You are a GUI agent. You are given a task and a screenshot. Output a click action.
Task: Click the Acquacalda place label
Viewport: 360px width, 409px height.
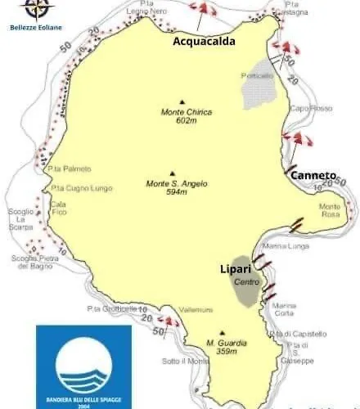pyautogui.click(x=204, y=41)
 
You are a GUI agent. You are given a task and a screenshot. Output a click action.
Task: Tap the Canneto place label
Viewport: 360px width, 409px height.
pyautogui.click(x=313, y=175)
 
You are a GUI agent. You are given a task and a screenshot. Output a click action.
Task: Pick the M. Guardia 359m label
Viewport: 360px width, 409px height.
pyautogui.click(x=222, y=347)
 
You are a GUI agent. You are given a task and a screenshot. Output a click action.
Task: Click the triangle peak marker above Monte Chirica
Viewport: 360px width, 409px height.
pyautogui.click(x=182, y=102)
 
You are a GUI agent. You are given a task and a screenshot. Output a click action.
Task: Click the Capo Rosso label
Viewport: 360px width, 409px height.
pyautogui.click(x=307, y=108)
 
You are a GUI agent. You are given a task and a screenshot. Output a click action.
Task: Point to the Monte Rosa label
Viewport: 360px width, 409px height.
pyautogui.click(x=330, y=209)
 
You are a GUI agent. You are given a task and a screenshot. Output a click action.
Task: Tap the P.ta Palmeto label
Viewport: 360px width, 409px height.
pyautogui.click(x=68, y=169)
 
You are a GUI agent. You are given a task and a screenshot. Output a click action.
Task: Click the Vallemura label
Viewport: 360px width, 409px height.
pyautogui.click(x=196, y=309)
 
